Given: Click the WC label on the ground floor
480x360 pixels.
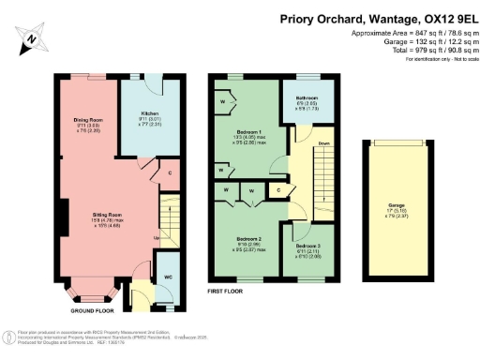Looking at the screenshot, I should pyautogui.click(x=167, y=277).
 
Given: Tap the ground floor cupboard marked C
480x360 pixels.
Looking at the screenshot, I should pyautogui.click(x=168, y=173).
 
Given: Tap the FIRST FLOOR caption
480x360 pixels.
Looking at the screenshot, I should pyautogui.click(x=225, y=291).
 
